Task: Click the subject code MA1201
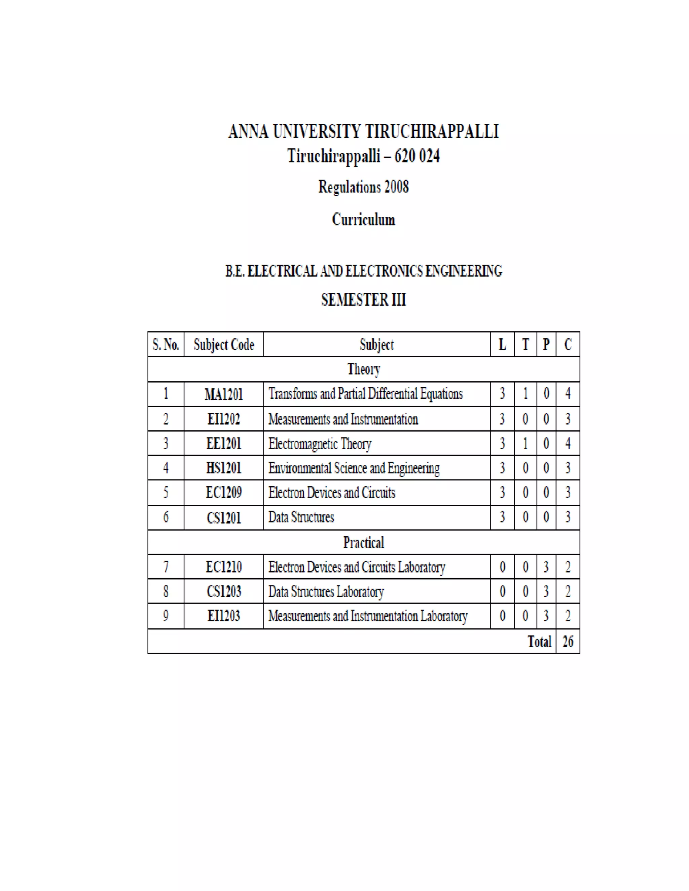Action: (x=224, y=394)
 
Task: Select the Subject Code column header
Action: (x=224, y=345)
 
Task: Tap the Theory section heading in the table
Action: (x=364, y=369)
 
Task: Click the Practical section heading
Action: (x=364, y=543)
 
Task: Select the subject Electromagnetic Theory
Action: (x=320, y=443)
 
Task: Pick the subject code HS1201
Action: (x=224, y=468)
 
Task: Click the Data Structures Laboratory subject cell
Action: (x=326, y=591)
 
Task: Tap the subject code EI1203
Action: (x=224, y=616)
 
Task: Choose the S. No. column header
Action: (x=166, y=345)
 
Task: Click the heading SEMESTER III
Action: (x=364, y=300)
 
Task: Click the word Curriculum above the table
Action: (x=364, y=220)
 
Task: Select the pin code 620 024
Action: (x=417, y=156)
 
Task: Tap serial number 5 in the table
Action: (x=166, y=493)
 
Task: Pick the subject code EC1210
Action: (x=224, y=567)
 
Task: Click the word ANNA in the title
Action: (x=248, y=131)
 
